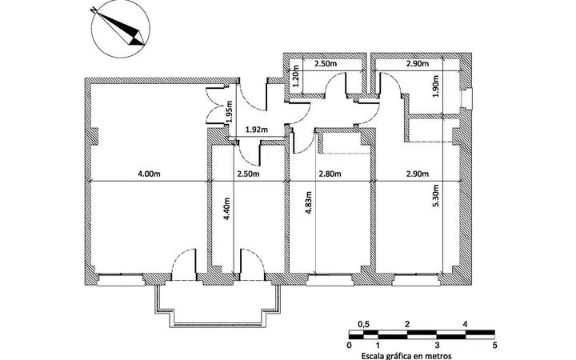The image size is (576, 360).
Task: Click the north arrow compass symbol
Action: tap(121, 29)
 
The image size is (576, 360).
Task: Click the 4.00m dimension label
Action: tap(149, 174)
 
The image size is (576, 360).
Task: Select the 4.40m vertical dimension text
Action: tap(226, 209)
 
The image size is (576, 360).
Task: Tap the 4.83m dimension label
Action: tap(309, 202)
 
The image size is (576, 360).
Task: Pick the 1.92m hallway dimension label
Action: tap(257, 130)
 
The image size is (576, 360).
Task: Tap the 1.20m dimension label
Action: tap(295, 76)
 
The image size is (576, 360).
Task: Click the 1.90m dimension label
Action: tap(436, 86)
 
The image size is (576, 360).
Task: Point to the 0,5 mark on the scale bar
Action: tap(363, 324)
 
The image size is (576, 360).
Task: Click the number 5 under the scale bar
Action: tap(495, 346)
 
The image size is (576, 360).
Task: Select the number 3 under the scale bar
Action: tap(437, 346)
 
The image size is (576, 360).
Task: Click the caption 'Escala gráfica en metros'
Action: tap(406, 356)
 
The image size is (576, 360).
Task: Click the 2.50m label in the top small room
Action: tap(326, 63)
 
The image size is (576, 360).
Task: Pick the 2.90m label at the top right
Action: tap(418, 63)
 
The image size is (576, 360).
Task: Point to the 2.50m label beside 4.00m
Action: tap(248, 174)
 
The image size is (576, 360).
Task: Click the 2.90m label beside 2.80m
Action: tap(418, 174)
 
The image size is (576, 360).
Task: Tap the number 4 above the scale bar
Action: tap(466, 324)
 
